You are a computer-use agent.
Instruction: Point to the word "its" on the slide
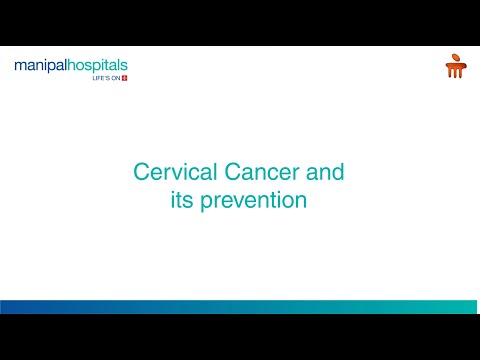click(183, 200)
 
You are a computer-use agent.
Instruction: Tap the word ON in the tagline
click(114, 79)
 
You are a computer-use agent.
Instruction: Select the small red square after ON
click(124, 79)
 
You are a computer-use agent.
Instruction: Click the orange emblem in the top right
click(455, 66)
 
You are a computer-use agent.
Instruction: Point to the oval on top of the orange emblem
click(455, 58)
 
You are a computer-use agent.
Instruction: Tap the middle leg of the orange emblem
click(455, 71)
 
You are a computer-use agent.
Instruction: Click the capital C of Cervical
click(141, 172)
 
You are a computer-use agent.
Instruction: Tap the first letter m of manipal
click(21, 67)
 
